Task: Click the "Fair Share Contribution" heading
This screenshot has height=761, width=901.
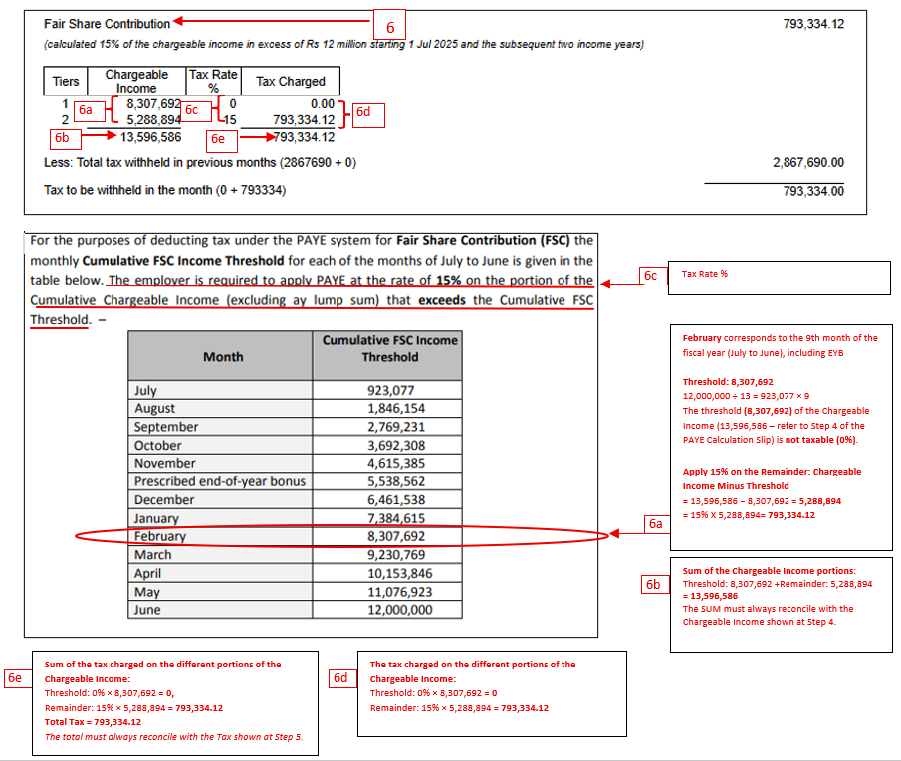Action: (107, 23)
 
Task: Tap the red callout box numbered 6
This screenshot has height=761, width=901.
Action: (390, 25)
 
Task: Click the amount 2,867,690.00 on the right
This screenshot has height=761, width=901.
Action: (807, 162)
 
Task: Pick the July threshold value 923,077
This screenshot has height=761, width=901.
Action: (389, 390)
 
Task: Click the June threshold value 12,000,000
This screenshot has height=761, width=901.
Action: (389, 609)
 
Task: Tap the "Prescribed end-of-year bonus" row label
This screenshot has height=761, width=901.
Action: (219, 481)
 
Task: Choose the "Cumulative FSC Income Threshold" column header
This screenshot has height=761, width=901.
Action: (389, 348)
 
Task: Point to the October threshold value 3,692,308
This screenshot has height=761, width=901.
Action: (389, 445)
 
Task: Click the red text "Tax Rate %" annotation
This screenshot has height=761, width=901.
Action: (704, 274)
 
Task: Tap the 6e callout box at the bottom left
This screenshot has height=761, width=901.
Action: (16, 677)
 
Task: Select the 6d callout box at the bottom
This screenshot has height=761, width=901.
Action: (341, 678)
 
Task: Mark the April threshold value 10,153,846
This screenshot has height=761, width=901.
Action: (389, 572)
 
